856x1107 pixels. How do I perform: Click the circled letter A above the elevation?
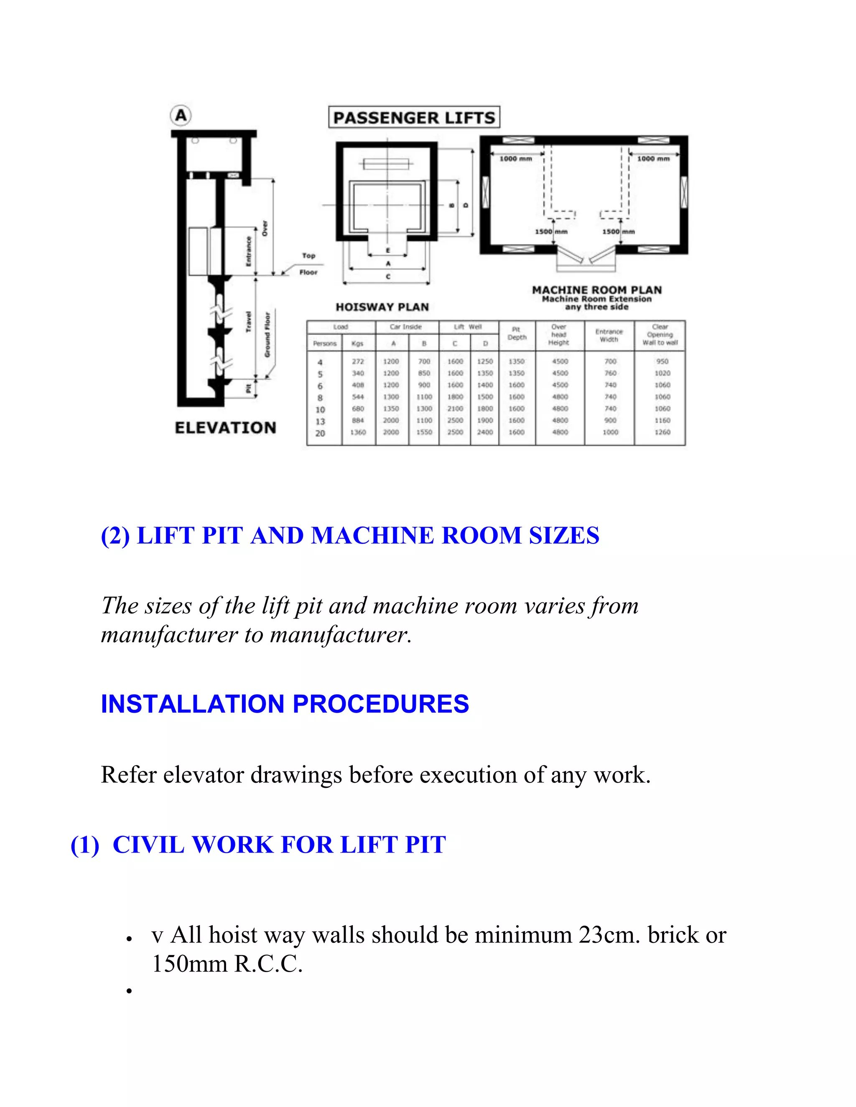(x=181, y=116)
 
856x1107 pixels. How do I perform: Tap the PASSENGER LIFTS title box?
(x=414, y=118)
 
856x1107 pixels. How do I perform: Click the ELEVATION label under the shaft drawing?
(x=226, y=427)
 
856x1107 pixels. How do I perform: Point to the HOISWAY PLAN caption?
(x=382, y=307)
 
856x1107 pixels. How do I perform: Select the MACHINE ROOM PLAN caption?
(x=596, y=290)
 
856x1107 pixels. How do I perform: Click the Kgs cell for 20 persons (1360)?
(x=358, y=432)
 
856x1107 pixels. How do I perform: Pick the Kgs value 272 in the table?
(x=358, y=361)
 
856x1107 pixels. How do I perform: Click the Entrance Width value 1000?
(x=610, y=432)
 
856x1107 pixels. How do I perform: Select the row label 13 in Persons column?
(x=320, y=421)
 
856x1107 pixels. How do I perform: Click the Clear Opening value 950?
(x=662, y=361)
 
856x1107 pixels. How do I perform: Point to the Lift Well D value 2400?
(x=485, y=432)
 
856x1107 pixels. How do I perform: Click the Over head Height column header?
(x=559, y=335)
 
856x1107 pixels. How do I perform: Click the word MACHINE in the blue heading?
(x=372, y=536)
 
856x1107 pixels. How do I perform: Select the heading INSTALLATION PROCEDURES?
(x=285, y=703)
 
